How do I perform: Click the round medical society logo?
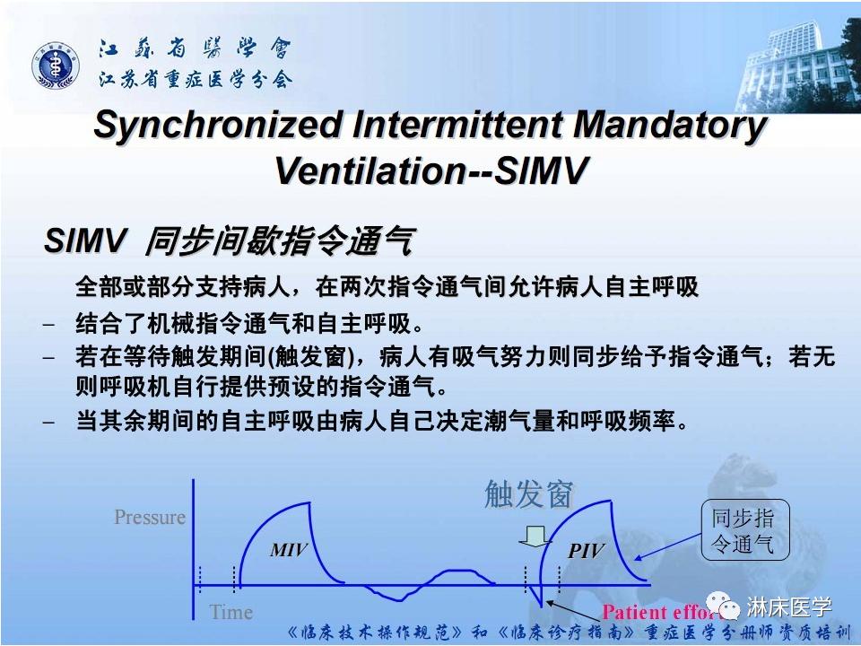click(57, 65)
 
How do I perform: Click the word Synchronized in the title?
click(215, 126)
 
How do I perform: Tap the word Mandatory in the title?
click(670, 126)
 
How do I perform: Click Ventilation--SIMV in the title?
click(430, 170)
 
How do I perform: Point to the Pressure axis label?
click(150, 518)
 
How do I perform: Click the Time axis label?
click(230, 613)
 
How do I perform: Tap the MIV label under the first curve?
click(289, 550)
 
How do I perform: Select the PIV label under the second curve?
click(587, 551)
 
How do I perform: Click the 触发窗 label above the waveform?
click(528, 493)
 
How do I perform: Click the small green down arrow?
click(535, 536)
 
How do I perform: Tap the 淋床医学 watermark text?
click(789, 607)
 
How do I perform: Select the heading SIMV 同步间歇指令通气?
click(229, 241)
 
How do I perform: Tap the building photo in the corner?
click(794, 63)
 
